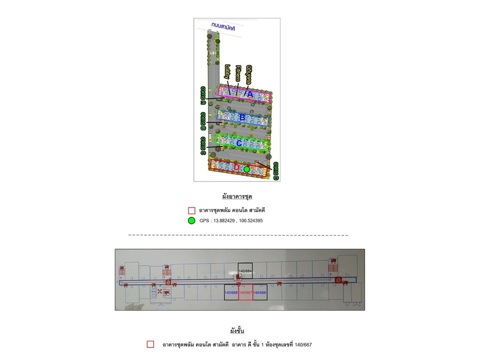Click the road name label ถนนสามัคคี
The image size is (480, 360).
coord(223,27)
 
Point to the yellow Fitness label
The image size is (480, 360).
coord(238,73)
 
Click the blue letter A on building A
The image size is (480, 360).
coord(250,93)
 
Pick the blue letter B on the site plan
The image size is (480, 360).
coord(242,118)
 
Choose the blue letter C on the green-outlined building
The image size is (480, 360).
coord(239,143)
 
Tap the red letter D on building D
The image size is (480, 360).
coord(236,168)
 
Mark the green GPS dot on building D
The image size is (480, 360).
coord(246,169)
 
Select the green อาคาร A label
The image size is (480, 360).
coord(203,95)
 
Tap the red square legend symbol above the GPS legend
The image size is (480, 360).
coord(191,210)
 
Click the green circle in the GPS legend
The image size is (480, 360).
coord(191,220)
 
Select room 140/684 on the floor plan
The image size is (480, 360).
coord(245,271)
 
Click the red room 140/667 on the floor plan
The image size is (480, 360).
coord(245,292)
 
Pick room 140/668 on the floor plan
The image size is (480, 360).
coord(231,292)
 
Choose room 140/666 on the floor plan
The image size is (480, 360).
coord(260,292)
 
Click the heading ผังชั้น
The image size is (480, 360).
coord(236,330)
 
